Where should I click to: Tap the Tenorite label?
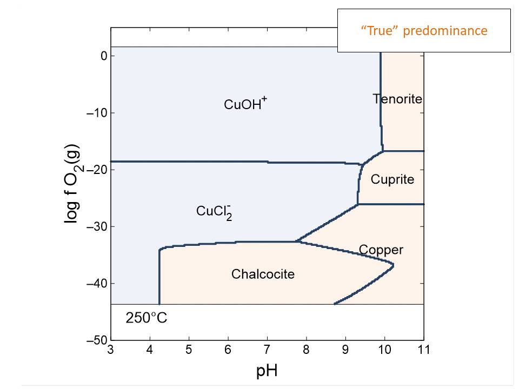(x=397, y=99)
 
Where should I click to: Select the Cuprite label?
(x=392, y=179)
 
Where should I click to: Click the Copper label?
(x=381, y=250)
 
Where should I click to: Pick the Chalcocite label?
(x=263, y=274)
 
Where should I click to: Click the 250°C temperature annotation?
(x=147, y=318)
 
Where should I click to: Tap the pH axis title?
(x=267, y=372)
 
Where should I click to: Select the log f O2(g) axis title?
(x=72, y=184)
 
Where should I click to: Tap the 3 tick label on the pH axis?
(x=111, y=350)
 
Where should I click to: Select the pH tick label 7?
(x=267, y=350)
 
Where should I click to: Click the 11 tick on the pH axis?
(x=424, y=350)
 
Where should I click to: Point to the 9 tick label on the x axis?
(x=345, y=350)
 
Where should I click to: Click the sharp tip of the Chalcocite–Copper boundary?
(x=393, y=265)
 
